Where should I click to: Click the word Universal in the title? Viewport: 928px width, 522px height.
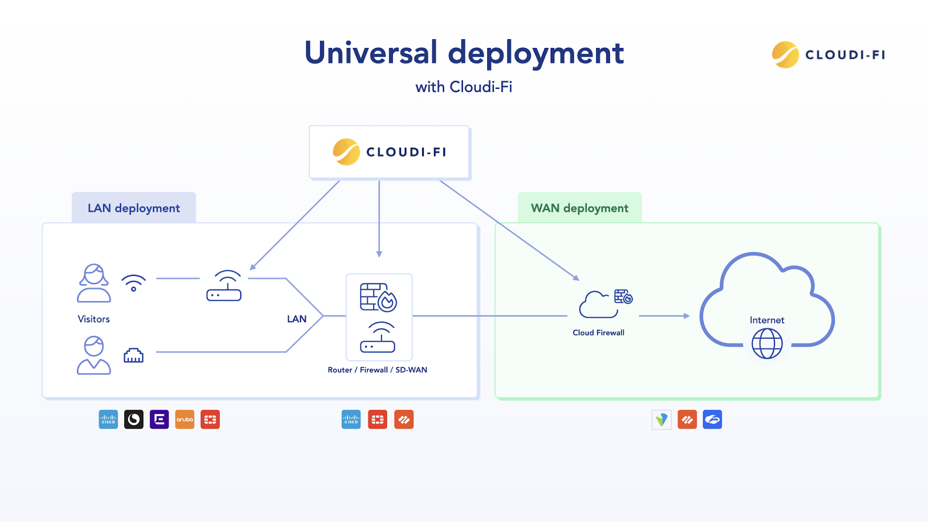tap(371, 53)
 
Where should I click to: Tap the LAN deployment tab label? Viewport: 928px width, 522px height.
tap(134, 208)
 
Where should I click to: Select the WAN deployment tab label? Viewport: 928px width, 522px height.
tap(579, 208)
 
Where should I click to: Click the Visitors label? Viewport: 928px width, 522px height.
tap(94, 319)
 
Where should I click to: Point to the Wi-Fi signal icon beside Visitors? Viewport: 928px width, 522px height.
tap(134, 283)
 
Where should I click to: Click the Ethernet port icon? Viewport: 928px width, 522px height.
tap(134, 355)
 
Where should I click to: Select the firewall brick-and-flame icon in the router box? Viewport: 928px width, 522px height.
tap(378, 297)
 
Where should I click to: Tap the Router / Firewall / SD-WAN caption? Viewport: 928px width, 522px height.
tap(377, 370)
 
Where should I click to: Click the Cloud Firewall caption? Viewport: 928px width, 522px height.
tap(599, 333)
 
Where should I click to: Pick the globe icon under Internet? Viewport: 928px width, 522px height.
tap(767, 344)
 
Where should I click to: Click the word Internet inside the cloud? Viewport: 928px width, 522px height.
tap(767, 320)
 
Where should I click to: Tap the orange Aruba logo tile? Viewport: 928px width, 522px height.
tap(185, 419)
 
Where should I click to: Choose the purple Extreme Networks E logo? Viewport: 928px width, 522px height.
tap(159, 419)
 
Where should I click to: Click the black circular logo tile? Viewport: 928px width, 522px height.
tap(134, 419)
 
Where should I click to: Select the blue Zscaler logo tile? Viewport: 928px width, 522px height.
tap(712, 419)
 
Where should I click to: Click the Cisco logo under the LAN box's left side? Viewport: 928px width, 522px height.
tap(108, 419)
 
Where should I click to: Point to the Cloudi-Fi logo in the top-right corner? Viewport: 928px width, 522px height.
tap(828, 55)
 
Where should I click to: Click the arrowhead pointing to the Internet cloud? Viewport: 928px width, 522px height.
tap(687, 316)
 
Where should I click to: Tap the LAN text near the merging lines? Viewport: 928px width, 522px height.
tap(296, 319)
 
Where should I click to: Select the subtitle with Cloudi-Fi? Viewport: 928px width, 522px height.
tap(463, 87)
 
